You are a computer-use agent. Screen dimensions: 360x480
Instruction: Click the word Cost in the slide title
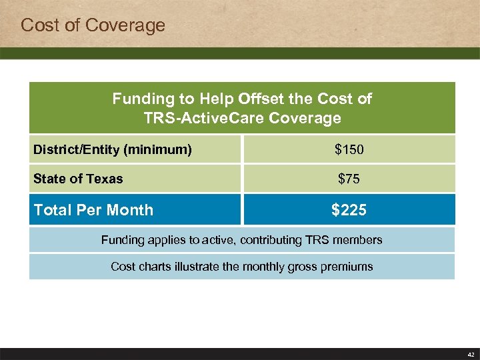[37, 26]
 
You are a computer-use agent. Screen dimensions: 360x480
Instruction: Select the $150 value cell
[349, 150]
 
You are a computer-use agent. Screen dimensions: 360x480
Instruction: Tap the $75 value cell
[349, 179]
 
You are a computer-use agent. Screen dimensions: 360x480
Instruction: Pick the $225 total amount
[349, 210]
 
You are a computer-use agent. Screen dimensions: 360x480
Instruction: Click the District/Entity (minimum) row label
[113, 150]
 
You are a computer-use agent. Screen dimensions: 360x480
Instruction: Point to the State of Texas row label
[78, 179]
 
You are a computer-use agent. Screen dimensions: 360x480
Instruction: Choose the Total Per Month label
[93, 210]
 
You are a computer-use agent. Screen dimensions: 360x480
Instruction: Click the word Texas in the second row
[105, 179]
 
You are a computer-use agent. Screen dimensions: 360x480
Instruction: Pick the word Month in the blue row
[131, 210]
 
